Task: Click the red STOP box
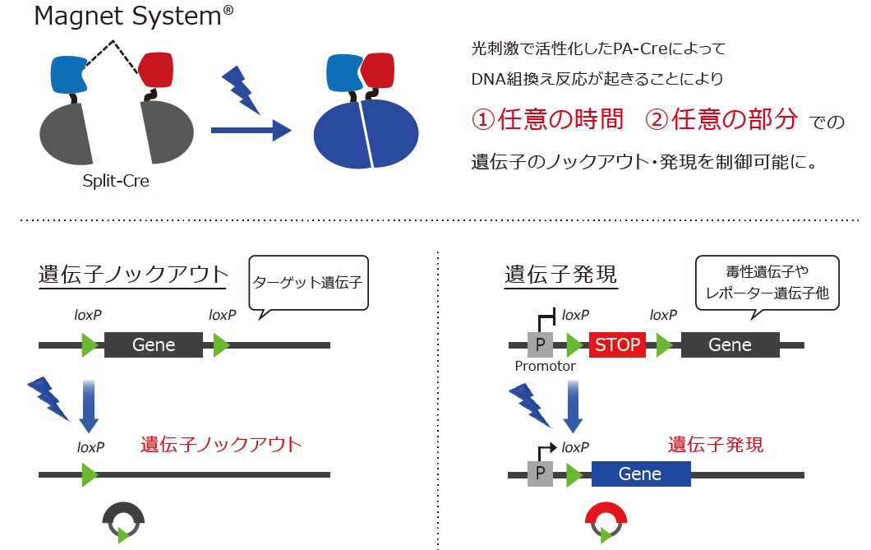coord(617,344)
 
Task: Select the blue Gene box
coord(640,474)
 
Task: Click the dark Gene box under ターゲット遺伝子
coord(153,344)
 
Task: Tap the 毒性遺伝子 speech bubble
coord(767,282)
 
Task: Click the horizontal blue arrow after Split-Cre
coord(251,130)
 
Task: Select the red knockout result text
coord(221,445)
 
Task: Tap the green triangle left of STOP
coord(574,345)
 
